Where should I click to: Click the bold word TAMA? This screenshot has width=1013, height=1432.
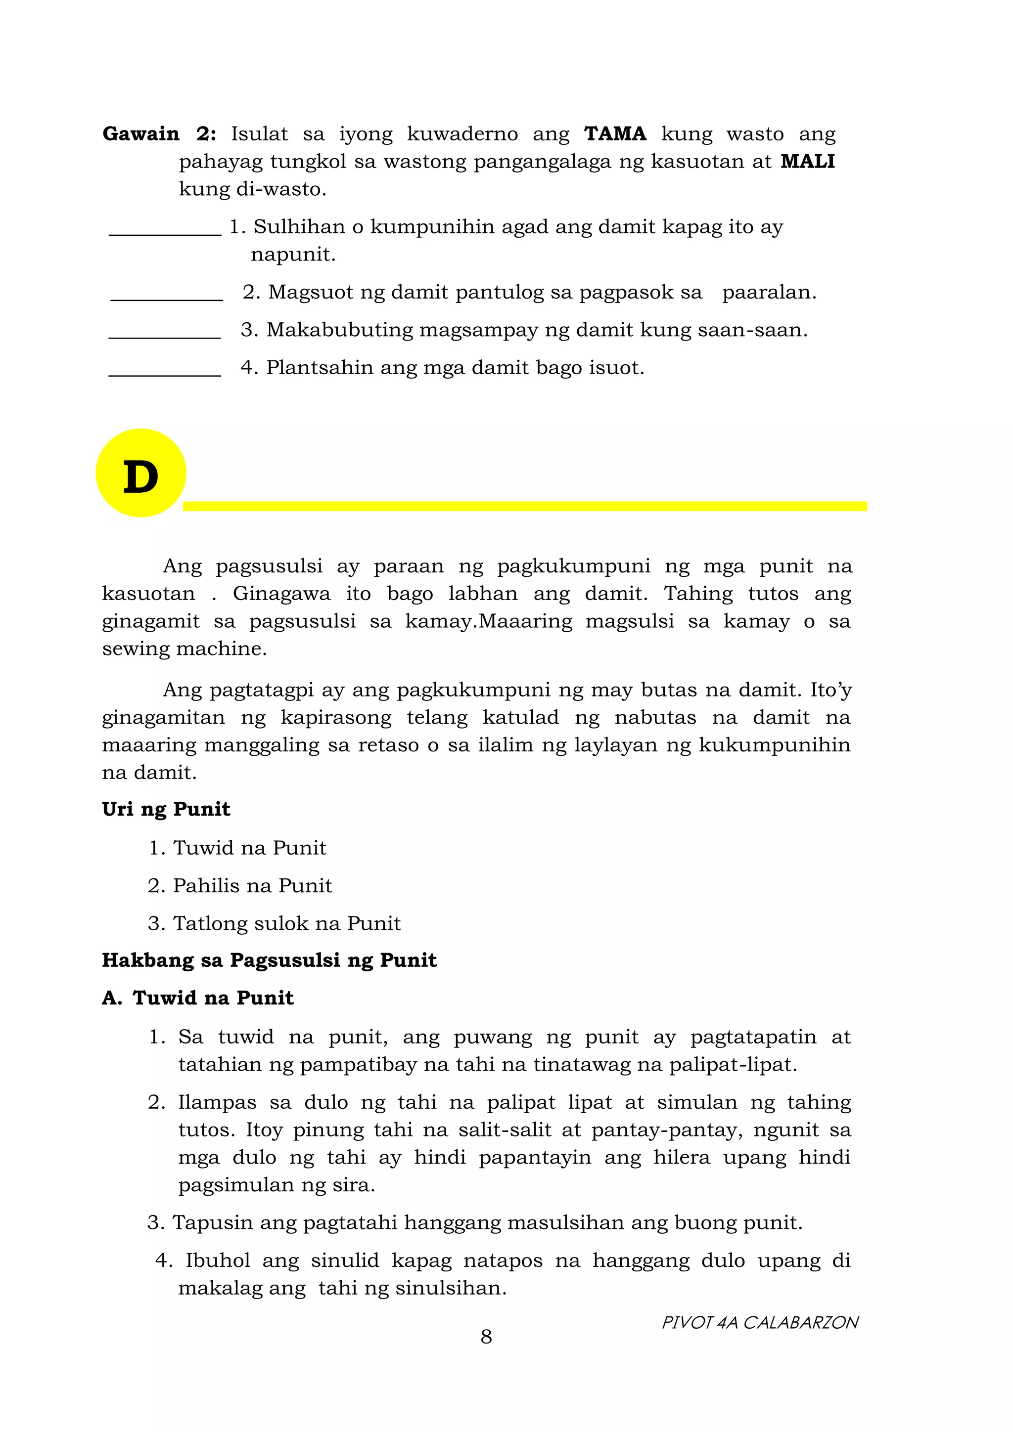[x=615, y=134]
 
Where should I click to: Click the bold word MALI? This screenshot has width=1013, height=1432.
[x=807, y=162]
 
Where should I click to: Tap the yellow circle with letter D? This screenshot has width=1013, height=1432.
[x=141, y=473]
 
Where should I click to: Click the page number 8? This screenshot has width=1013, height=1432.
[x=486, y=1337]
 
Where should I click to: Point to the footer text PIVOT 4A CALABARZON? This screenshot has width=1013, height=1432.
[x=760, y=1322]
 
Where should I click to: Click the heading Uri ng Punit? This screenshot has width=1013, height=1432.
[x=166, y=809]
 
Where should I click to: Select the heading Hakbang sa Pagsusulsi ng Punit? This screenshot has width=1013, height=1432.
[x=269, y=960]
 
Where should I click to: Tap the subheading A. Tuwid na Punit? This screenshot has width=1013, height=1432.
[x=197, y=998]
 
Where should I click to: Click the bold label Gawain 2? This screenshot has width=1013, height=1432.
[x=159, y=134]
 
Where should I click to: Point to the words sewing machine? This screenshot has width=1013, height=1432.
[x=184, y=649]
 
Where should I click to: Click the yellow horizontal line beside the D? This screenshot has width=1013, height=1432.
[x=524, y=506]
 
